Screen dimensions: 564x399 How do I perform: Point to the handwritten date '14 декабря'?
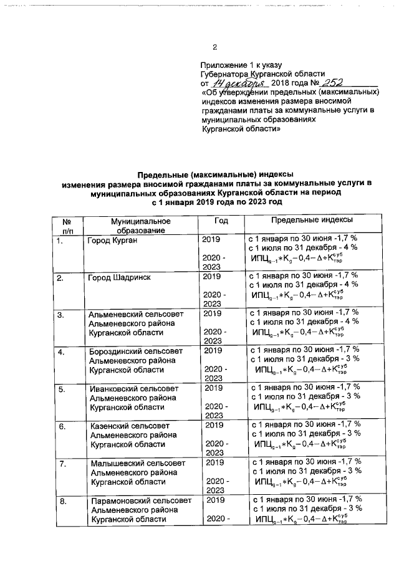click(239, 83)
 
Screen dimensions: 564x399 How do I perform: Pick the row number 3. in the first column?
click(61, 314)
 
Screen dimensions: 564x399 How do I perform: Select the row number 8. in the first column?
click(61, 501)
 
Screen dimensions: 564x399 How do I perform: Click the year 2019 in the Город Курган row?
click(212, 239)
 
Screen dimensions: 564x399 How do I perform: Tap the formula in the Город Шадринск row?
click(299, 295)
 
